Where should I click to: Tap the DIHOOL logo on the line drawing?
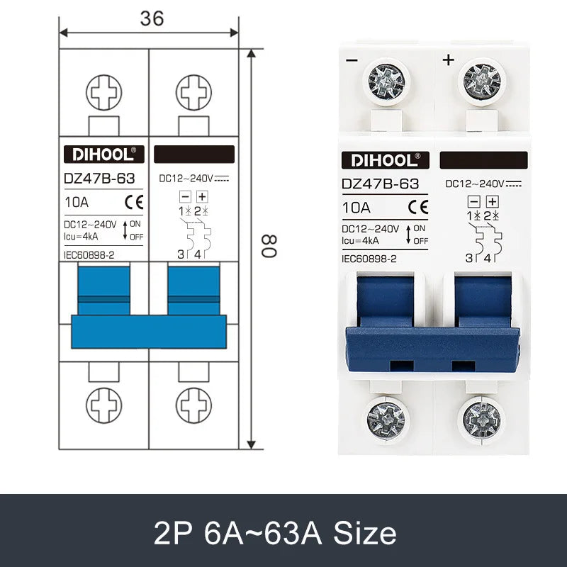[x=104, y=155]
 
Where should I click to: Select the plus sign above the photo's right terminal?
[x=447, y=60]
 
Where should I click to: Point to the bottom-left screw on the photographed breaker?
[x=387, y=418]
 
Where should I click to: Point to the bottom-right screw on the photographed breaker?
[x=482, y=418]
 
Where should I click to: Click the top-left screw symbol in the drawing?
[x=104, y=92]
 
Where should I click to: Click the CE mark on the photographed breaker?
[x=418, y=208]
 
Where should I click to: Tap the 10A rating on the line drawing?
[x=76, y=202]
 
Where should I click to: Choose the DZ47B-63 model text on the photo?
[x=380, y=184]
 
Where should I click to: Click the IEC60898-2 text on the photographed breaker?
[x=369, y=259]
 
